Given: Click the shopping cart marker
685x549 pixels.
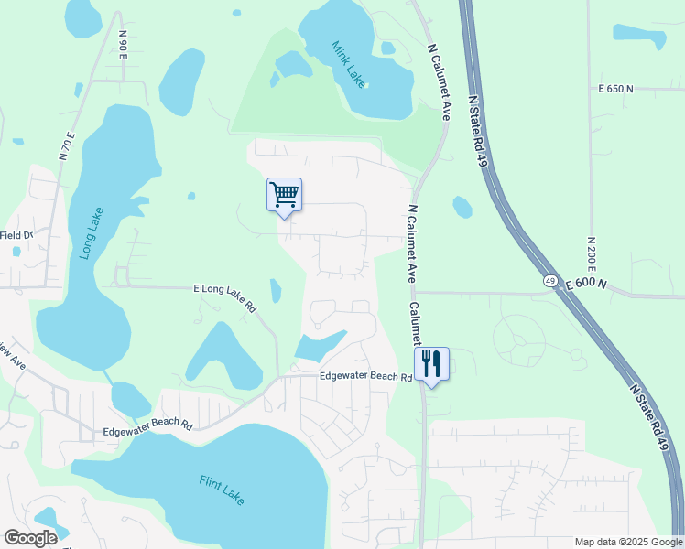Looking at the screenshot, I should click(284, 194).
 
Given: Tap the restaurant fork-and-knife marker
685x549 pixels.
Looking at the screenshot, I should click(431, 364).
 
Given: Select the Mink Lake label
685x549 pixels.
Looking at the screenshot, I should click(348, 64).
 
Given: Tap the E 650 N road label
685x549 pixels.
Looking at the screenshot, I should click(615, 89).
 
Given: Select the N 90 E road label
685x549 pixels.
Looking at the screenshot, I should click(123, 43).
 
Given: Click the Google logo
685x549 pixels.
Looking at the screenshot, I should click(30, 538).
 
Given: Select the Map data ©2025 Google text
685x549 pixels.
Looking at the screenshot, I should click(628, 542).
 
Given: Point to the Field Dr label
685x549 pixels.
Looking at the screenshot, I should click(16, 235).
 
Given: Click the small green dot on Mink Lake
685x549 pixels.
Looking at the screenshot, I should click(364, 86).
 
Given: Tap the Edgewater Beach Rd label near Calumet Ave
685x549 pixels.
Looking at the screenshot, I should click(365, 377).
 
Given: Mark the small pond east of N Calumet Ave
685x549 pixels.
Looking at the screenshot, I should click(462, 208).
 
